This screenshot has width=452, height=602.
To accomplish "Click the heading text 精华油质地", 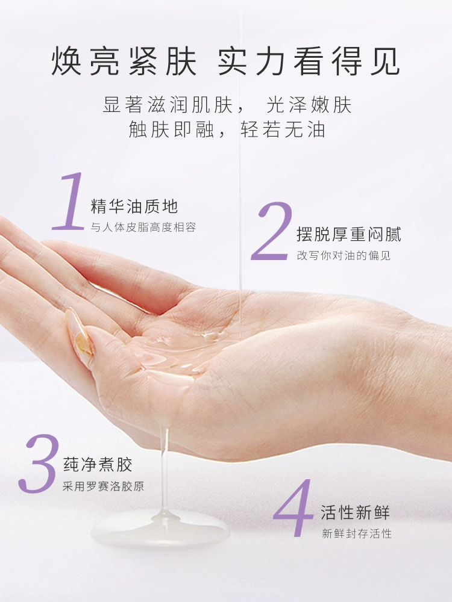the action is pos(134,206).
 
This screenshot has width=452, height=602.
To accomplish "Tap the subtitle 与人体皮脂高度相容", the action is pos(143,228).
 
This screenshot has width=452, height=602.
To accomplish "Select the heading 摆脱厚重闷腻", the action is pos(349,235).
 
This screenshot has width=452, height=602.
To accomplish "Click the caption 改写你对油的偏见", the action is pos(344,255).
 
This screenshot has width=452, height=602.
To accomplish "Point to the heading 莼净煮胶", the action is pos(98,465).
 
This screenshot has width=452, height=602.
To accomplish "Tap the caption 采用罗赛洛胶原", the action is pos(104,486).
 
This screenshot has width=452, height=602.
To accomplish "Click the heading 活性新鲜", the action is pos(356,512).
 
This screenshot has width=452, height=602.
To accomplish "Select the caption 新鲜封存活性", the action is pos(357,533).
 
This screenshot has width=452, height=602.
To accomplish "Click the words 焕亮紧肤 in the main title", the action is pos(124,61).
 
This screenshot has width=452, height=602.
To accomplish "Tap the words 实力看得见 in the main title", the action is pos(309,61).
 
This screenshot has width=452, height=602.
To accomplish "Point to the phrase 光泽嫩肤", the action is pos(309,105).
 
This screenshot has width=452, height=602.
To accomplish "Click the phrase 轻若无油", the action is pos(283,129).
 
